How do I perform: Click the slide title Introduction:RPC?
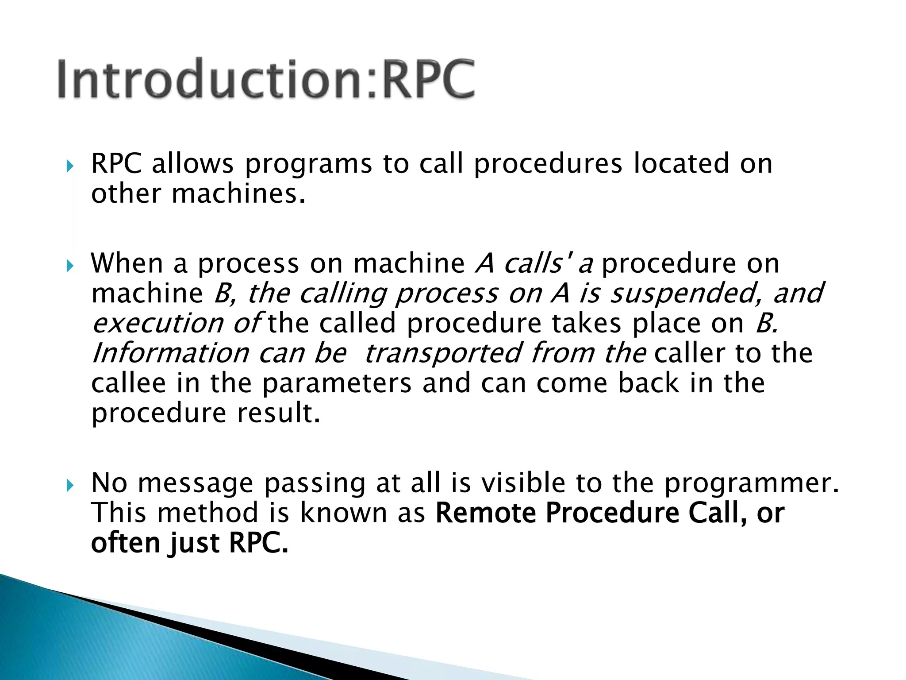point(266,79)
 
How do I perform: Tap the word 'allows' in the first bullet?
point(192,164)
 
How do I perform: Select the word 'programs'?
point(308,165)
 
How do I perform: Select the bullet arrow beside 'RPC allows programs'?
point(70,166)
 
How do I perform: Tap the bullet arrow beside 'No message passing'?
point(70,486)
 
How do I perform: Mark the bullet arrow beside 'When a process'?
point(70,266)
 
